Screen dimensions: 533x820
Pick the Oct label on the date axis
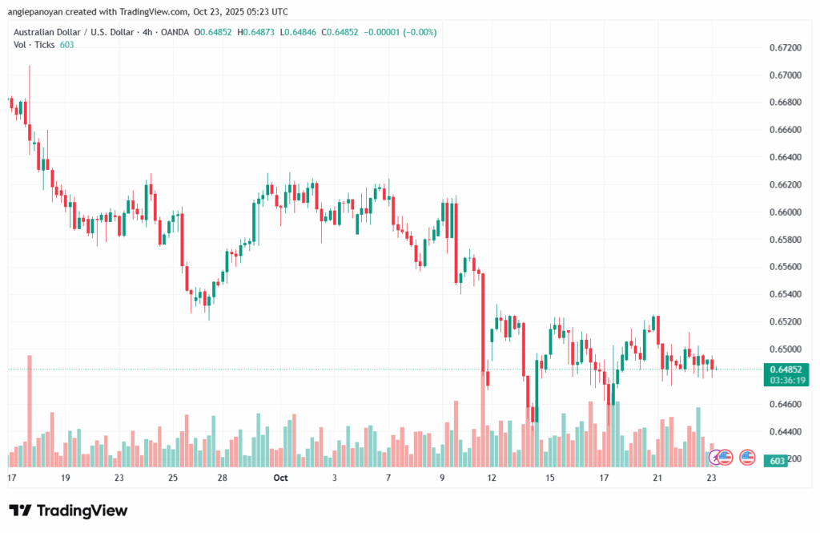tap(279, 478)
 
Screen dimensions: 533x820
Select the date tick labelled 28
tap(223, 478)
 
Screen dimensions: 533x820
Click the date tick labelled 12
tap(492, 478)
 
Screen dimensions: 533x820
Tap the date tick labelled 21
tap(657, 478)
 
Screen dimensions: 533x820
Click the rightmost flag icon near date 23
tap(748, 457)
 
